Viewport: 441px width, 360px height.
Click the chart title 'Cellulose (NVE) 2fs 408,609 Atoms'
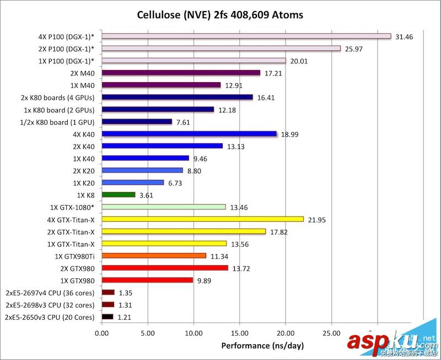tap(220, 14)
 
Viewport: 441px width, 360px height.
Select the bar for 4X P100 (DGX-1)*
tap(246, 36)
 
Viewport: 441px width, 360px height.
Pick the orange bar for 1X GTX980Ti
tap(154, 255)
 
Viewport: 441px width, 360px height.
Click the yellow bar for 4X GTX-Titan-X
tap(203, 219)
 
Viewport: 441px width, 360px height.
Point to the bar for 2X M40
tap(181, 73)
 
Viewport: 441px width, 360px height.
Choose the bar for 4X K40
tap(189, 133)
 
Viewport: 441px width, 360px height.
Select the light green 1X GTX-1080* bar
tap(164, 207)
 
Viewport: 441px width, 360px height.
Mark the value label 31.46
tap(405, 36)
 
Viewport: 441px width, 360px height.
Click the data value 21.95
tap(317, 219)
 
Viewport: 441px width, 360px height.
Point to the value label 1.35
tap(126, 293)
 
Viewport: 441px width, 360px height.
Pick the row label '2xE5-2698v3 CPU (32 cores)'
tap(50, 305)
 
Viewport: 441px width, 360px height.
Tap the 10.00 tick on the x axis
tap(193, 332)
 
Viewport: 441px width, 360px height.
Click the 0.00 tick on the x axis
tap(102, 332)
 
